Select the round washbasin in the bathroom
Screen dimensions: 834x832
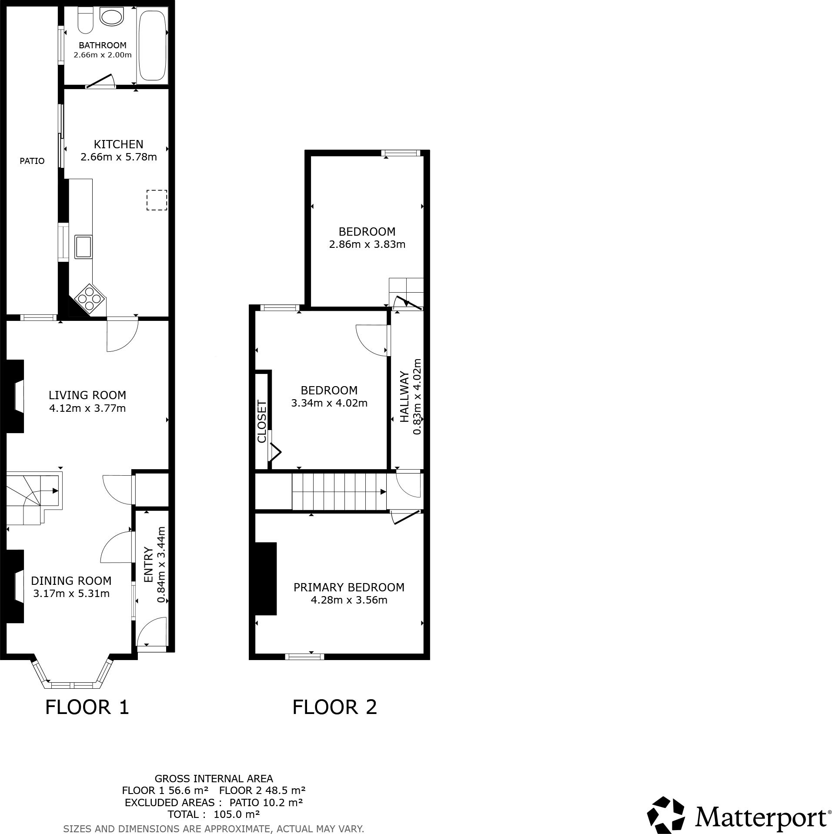[112, 17]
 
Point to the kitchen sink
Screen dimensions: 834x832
[83, 247]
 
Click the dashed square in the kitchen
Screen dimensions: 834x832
[157, 200]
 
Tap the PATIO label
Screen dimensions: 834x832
[32, 161]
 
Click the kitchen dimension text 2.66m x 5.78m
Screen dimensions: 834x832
[119, 157]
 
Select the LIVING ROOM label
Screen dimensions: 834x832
[87, 395]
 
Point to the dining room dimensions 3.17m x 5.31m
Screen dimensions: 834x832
[71, 594]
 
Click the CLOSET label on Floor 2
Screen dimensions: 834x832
[262, 421]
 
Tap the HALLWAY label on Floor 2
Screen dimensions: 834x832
[404, 396]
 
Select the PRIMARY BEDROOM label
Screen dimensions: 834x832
[349, 587]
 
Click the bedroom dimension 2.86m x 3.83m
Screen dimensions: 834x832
[367, 244]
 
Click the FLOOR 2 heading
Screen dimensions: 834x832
[334, 707]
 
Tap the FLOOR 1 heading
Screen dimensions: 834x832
[87, 707]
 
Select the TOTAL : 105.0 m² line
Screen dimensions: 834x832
[214, 814]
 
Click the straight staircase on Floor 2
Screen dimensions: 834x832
[339, 492]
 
